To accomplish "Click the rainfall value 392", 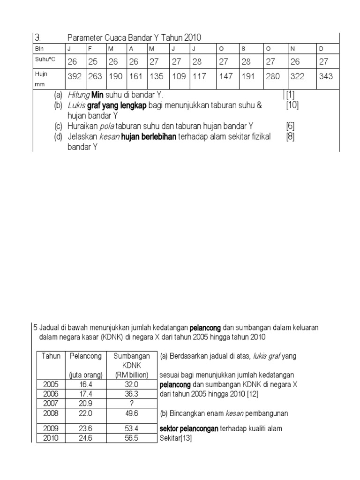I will coord(75,76).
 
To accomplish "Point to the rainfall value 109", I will coord(179,76).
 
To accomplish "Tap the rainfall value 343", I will coord(326,76).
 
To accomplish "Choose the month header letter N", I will coord(294,48).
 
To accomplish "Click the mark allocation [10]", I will coord(292,105).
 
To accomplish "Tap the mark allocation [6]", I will coord(291,126).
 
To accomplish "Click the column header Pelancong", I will coord(86,356).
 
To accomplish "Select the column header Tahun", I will coord(51,356).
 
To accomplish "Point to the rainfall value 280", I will coord(273,76).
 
